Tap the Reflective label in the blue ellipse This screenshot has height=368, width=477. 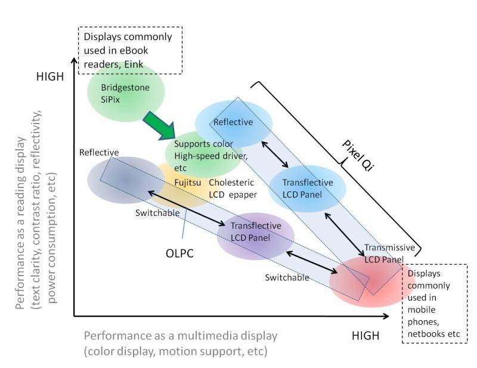[233, 122]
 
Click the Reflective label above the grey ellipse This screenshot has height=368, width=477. [99, 153]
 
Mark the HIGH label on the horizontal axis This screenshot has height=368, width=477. [365, 335]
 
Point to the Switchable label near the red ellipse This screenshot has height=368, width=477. [287, 277]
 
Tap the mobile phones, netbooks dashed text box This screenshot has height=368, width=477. [434, 304]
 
